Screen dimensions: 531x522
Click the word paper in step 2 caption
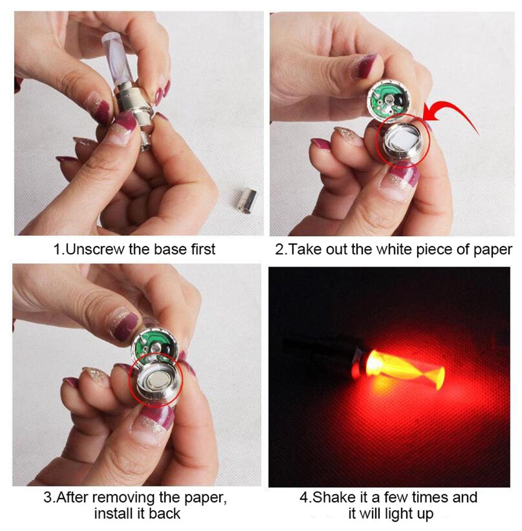(492, 249)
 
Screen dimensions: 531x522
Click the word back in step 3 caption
(165, 513)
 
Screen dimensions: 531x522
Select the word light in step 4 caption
(392, 513)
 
